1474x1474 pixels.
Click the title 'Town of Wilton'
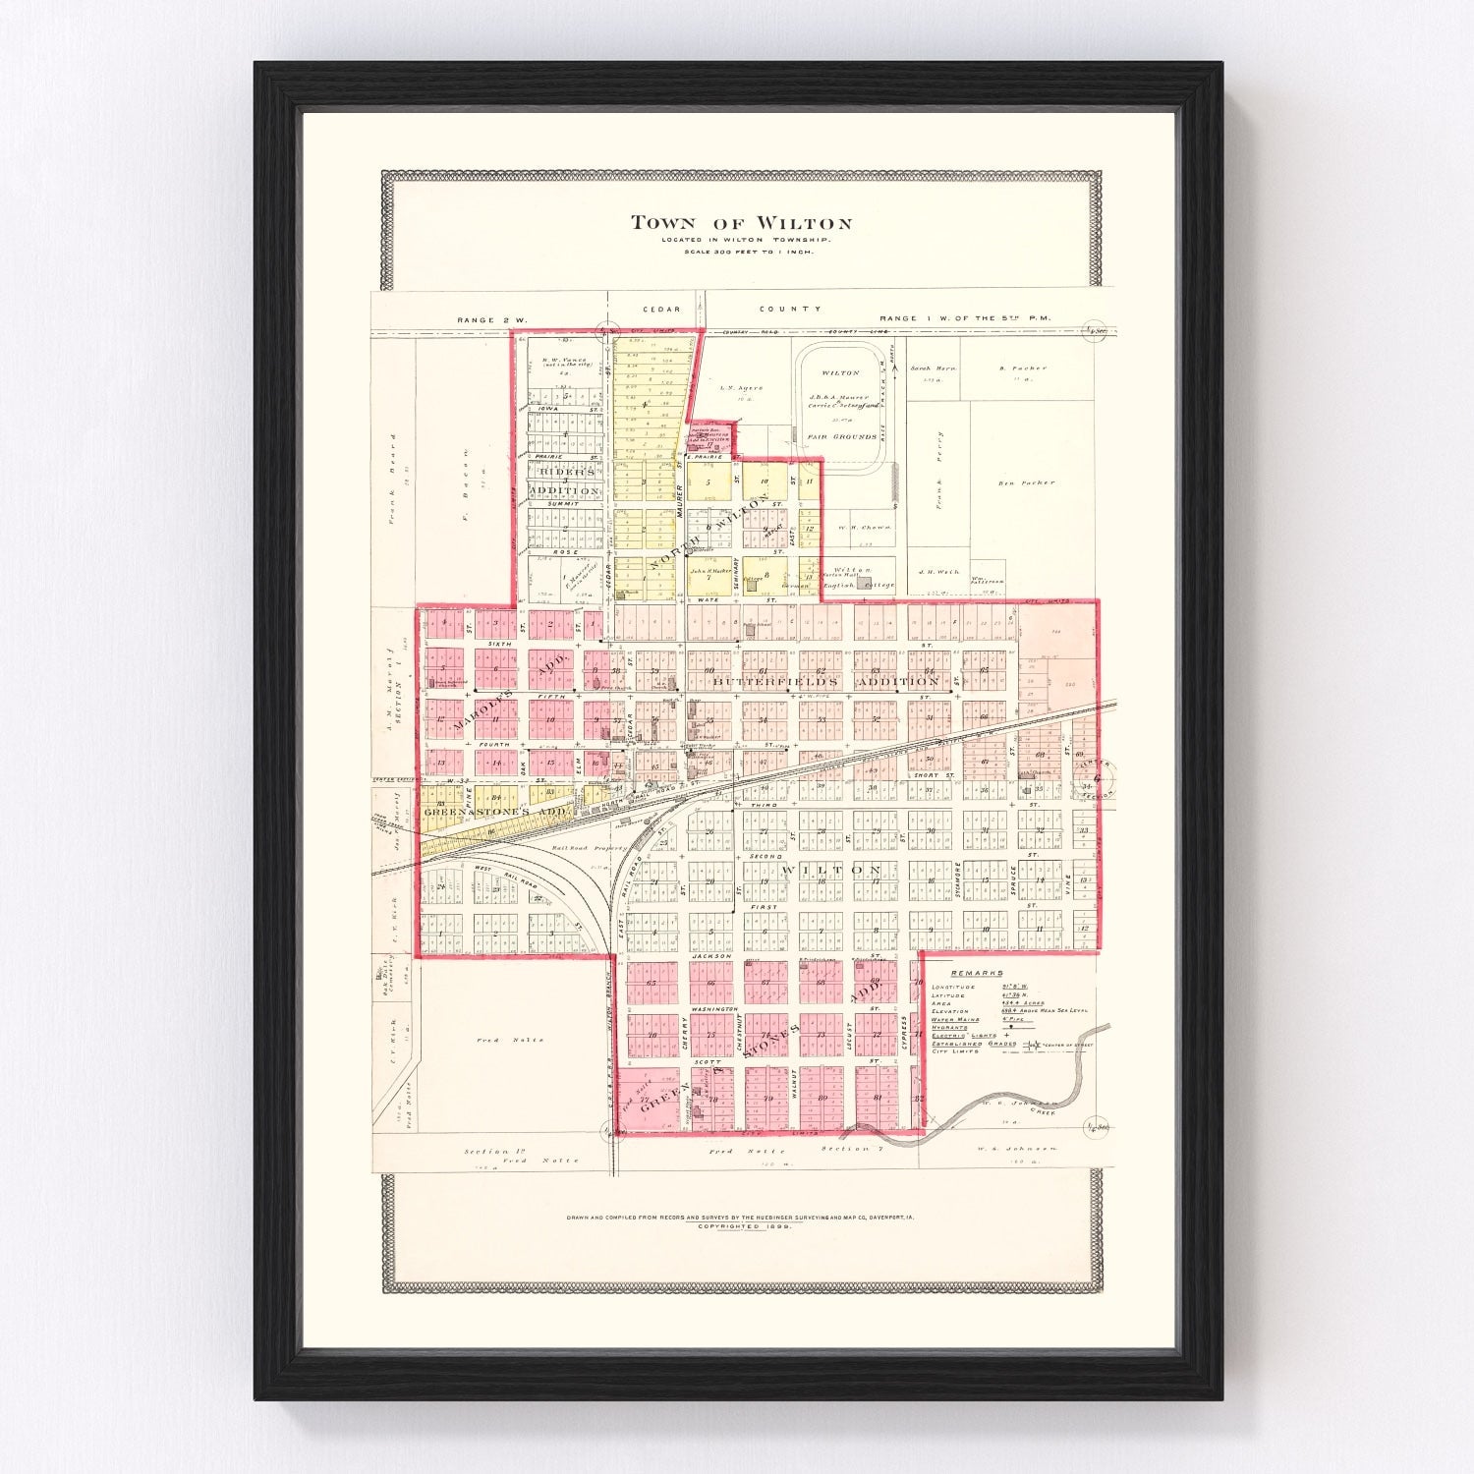(x=741, y=223)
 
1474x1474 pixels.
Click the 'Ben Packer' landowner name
(x=1026, y=482)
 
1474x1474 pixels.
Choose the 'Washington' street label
(x=713, y=1009)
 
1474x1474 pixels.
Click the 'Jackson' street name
(x=710, y=955)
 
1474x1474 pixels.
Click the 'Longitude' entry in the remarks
(x=952, y=987)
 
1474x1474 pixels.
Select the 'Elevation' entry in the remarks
(x=950, y=1011)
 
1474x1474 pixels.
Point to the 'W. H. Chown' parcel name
(x=864, y=527)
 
